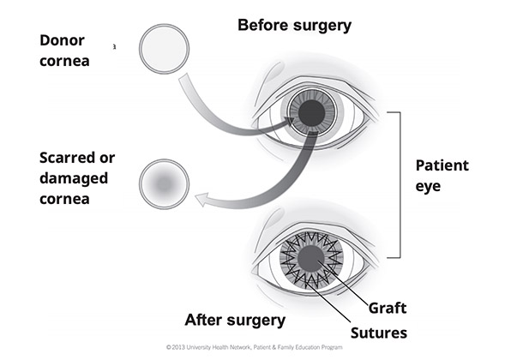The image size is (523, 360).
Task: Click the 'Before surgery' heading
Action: click(294, 25)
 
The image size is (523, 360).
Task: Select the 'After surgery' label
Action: click(235, 321)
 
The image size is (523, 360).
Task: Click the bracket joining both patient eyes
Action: click(396, 184)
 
